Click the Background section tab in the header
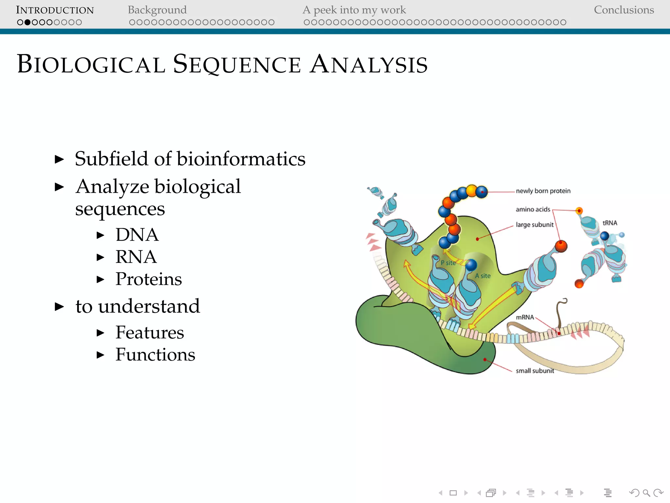(157, 10)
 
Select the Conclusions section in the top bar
(624, 10)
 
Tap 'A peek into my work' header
(354, 10)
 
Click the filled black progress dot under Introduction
(27, 22)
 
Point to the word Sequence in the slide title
(237, 64)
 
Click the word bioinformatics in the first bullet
(241, 159)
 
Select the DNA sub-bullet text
(137, 235)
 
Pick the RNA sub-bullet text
(136, 257)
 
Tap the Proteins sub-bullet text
(149, 279)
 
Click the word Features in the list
(150, 333)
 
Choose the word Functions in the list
(155, 355)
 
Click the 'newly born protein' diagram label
(543, 191)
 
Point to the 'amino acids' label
(533, 210)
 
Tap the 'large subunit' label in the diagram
(535, 225)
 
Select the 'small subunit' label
(535, 371)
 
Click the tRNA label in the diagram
(609, 223)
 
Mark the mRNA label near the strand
(524, 317)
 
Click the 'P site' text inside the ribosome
(448, 263)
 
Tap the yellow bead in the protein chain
(471, 190)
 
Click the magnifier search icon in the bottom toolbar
(646, 493)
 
